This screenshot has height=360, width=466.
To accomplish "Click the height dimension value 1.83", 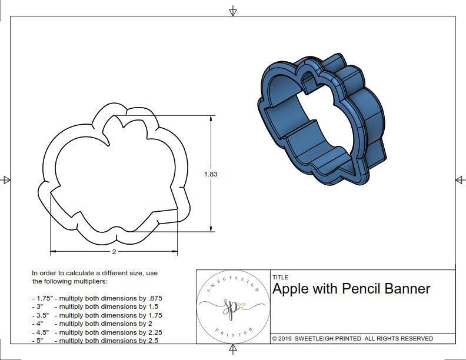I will (211, 174).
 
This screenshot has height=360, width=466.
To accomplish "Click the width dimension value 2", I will (114, 252).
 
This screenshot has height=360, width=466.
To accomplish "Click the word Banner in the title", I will (408, 289).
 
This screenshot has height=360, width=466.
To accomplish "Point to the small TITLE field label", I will (280, 277).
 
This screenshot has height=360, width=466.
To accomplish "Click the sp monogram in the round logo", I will (234, 306).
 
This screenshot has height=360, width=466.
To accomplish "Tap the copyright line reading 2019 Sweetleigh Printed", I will (352, 338).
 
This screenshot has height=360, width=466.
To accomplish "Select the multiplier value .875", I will (154, 298).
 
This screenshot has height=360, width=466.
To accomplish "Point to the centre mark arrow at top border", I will (233, 11).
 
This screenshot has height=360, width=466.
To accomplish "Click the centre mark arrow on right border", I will (460, 179).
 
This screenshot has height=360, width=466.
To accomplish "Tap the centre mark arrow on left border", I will (6, 179).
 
